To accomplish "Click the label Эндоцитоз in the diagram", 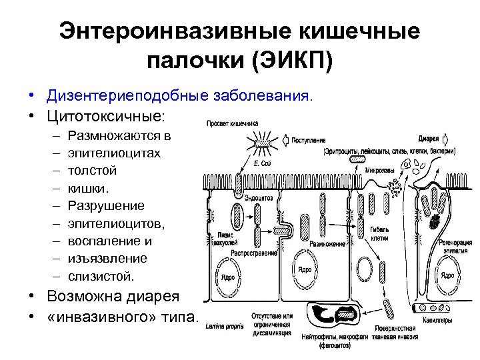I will pyautogui.click(x=258, y=197).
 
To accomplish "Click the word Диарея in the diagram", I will pyautogui.click(x=428, y=139).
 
